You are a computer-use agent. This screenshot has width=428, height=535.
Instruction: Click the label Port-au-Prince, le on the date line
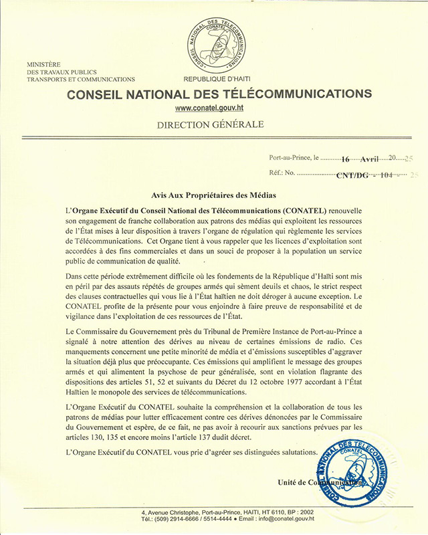pyautogui.click(x=294, y=159)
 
